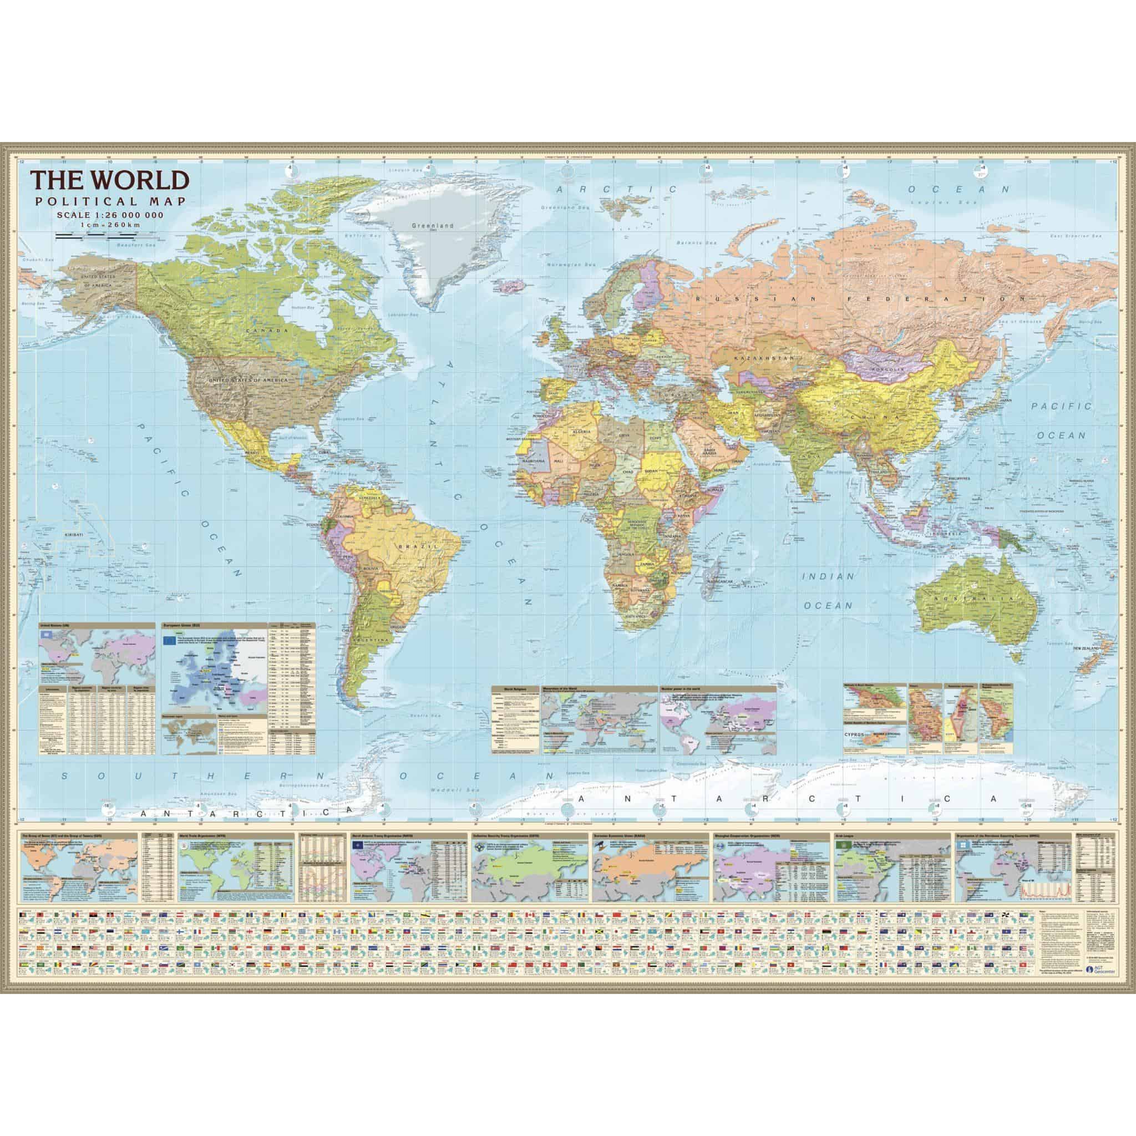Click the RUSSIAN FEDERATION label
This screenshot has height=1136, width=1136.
(x=861, y=299)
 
